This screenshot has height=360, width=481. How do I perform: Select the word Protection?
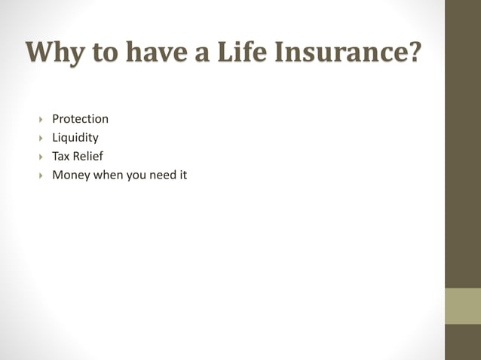(x=80, y=119)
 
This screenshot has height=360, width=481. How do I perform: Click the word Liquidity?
(x=75, y=138)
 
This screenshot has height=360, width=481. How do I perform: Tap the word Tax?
(x=60, y=157)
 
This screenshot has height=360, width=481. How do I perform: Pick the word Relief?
(x=87, y=157)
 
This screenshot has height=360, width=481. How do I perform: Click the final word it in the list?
(x=182, y=175)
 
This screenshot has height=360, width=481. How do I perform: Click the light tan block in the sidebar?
(x=462, y=306)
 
